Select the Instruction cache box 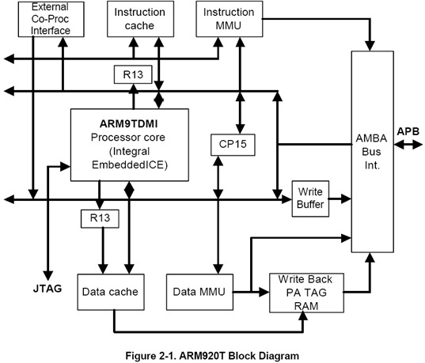(x=139, y=19)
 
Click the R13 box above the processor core (x=127, y=76)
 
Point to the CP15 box (x=233, y=146)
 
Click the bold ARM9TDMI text (x=130, y=125)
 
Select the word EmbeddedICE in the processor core (x=129, y=167)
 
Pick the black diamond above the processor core (x=158, y=100)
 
